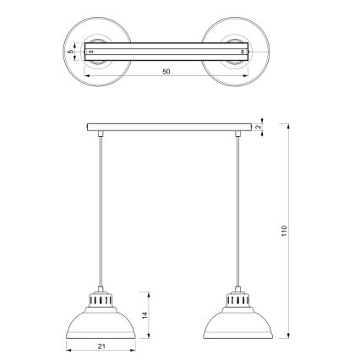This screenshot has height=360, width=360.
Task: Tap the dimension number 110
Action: (285, 230)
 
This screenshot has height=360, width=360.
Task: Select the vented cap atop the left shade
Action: (99, 299)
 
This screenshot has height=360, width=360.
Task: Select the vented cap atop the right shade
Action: (239, 299)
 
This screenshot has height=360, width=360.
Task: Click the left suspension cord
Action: (99, 211)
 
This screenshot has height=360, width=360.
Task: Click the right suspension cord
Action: (239, 211)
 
